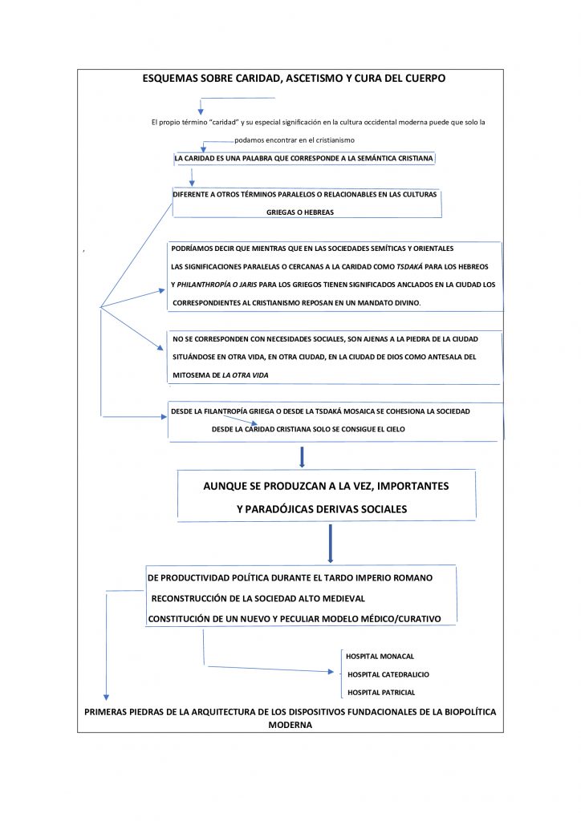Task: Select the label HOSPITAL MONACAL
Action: (380, 656)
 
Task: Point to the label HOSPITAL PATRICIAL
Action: (381, 692)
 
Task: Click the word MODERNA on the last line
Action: (290, 725)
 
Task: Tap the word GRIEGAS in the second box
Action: (284, 213)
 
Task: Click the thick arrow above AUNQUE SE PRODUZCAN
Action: (302, 456)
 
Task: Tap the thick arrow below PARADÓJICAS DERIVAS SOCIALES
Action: (330, 544)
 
